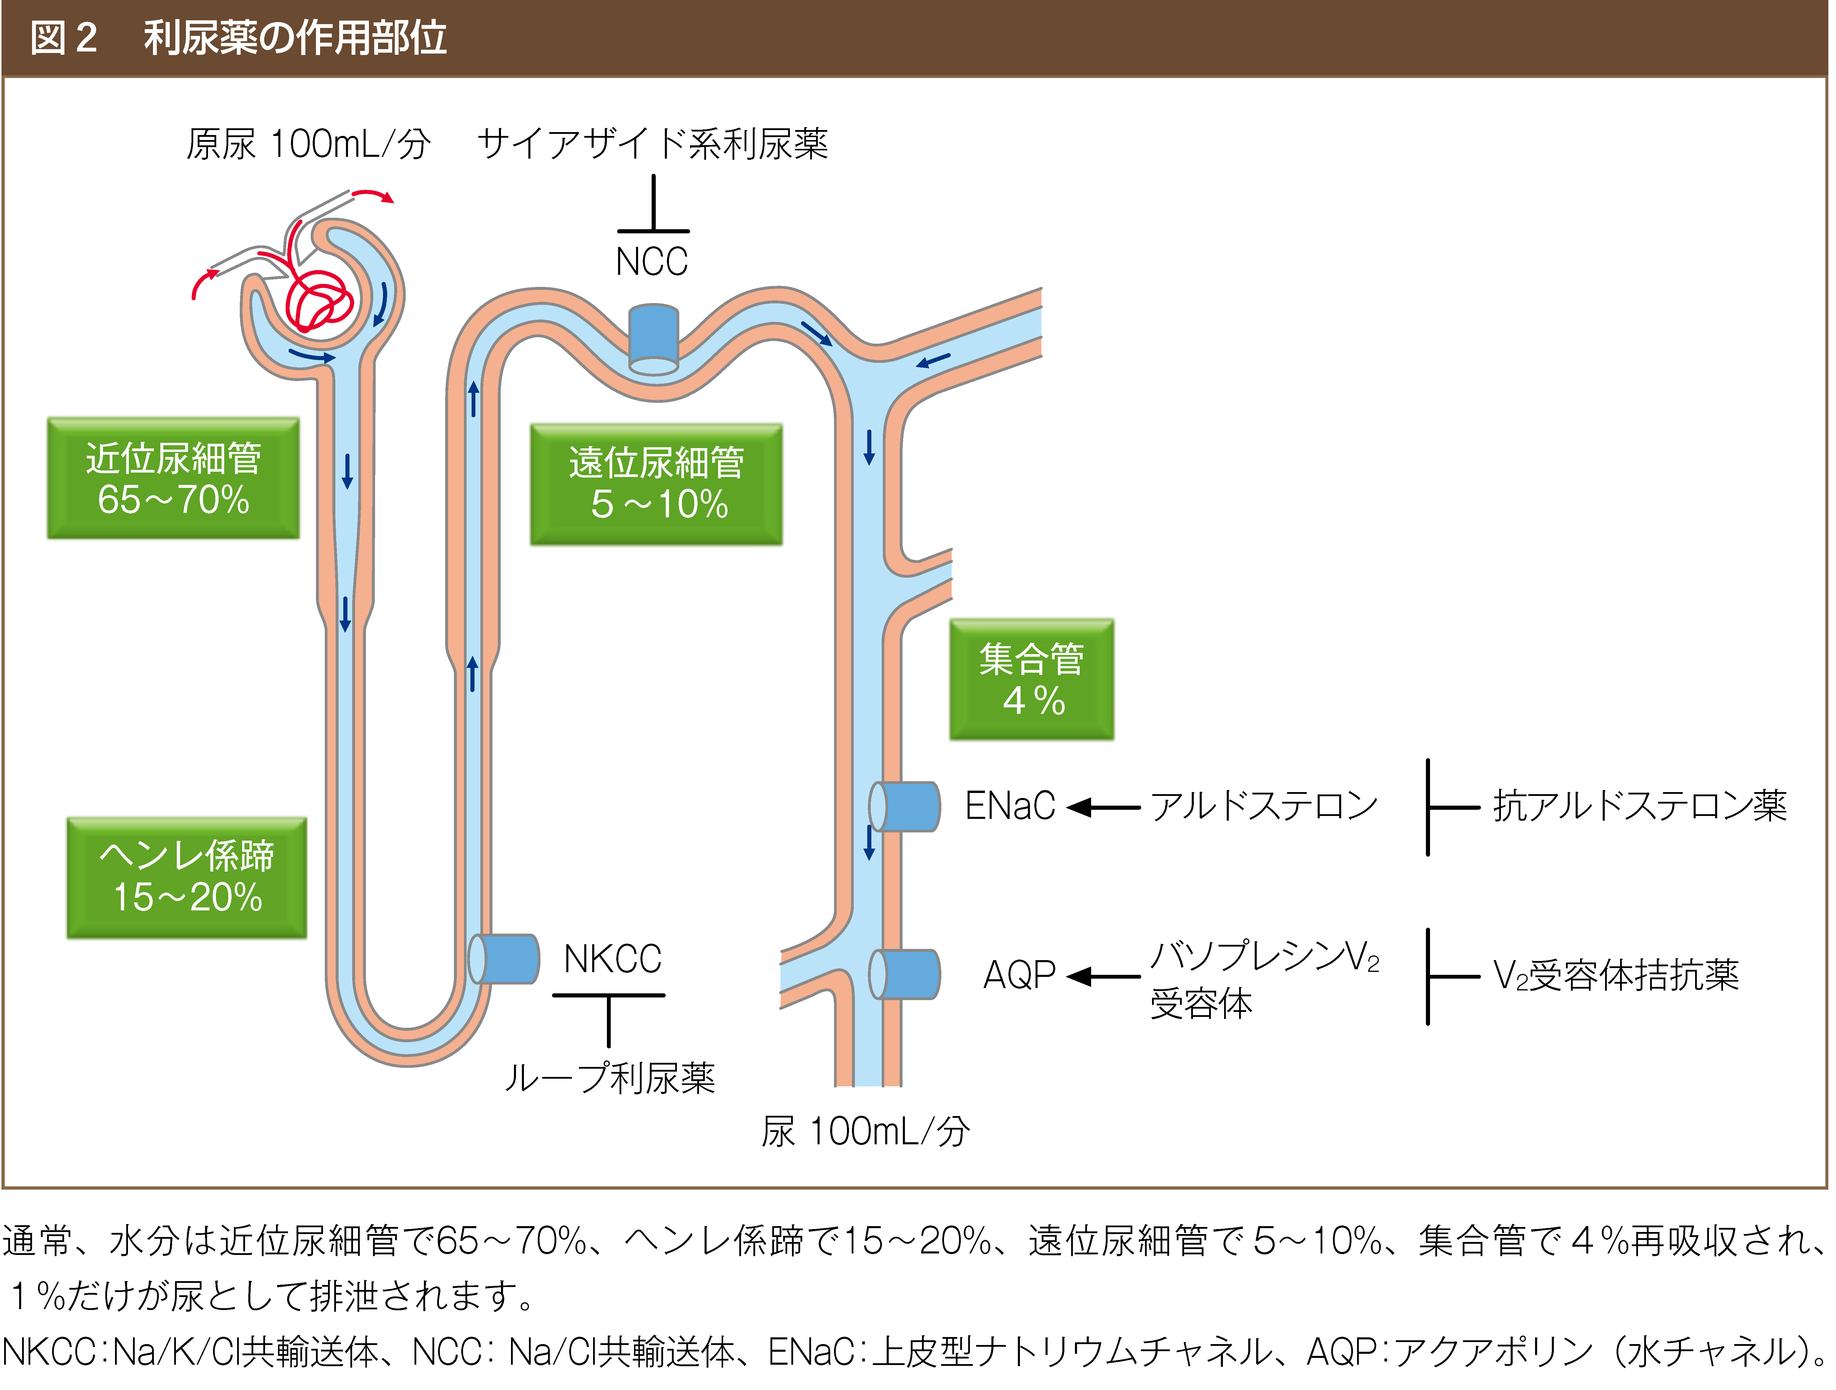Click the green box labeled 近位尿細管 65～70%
pos(173,478)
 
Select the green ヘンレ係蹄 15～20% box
pos(187,878)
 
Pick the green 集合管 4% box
pos(1032,679)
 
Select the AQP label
pos(1019,975)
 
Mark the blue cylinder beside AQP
pos(905,975)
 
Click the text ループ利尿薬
pos(610,1079)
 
